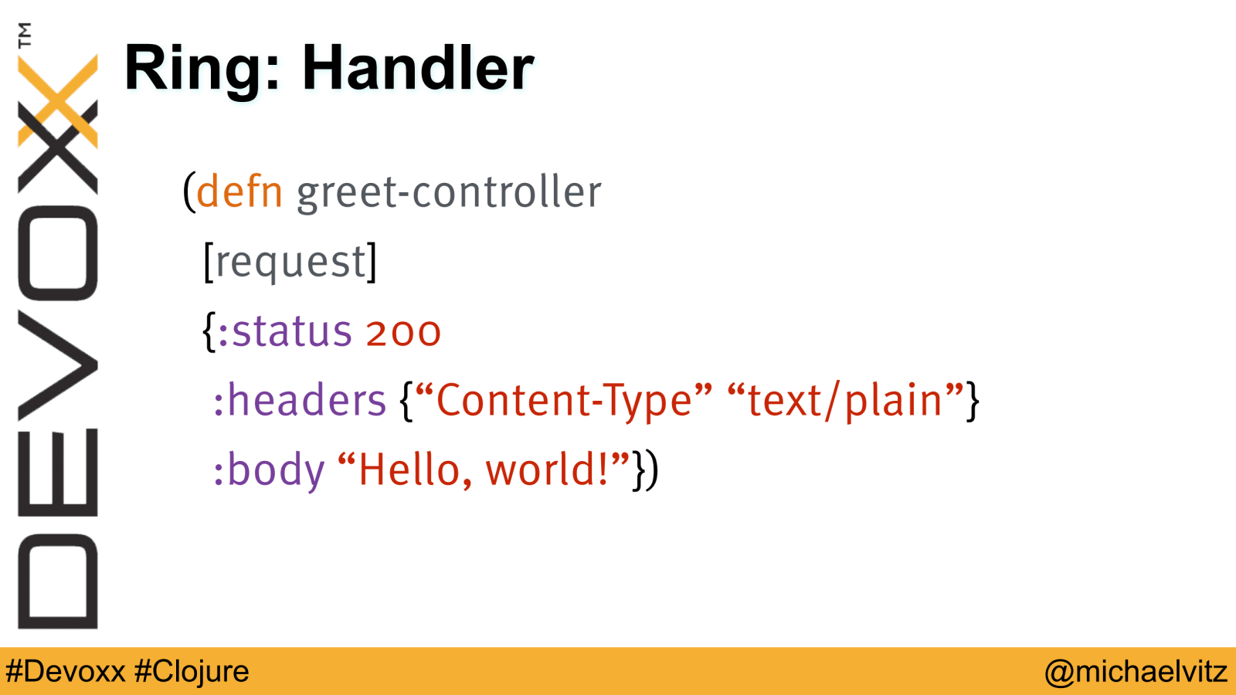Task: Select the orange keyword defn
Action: pyautogui.click(x=239, y=191)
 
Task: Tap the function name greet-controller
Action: pyautogui.click(x=449, y=192)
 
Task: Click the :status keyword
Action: pyautogui.click(x=285, y=331)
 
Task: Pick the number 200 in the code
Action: pyautogui.click(x=403, y=333)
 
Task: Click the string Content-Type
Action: pyautogui.click(x=564, y=401)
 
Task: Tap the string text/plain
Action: pyautogui.click(x=845, y=401)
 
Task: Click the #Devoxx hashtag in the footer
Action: pyautogui.click(x=66, y=672)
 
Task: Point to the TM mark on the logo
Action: pyautogui.click(x=25, y=36)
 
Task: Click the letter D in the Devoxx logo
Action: pyautogui.click(x=58, y=581)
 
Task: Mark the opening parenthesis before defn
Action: pyautogui.click(x=189, y=192)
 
